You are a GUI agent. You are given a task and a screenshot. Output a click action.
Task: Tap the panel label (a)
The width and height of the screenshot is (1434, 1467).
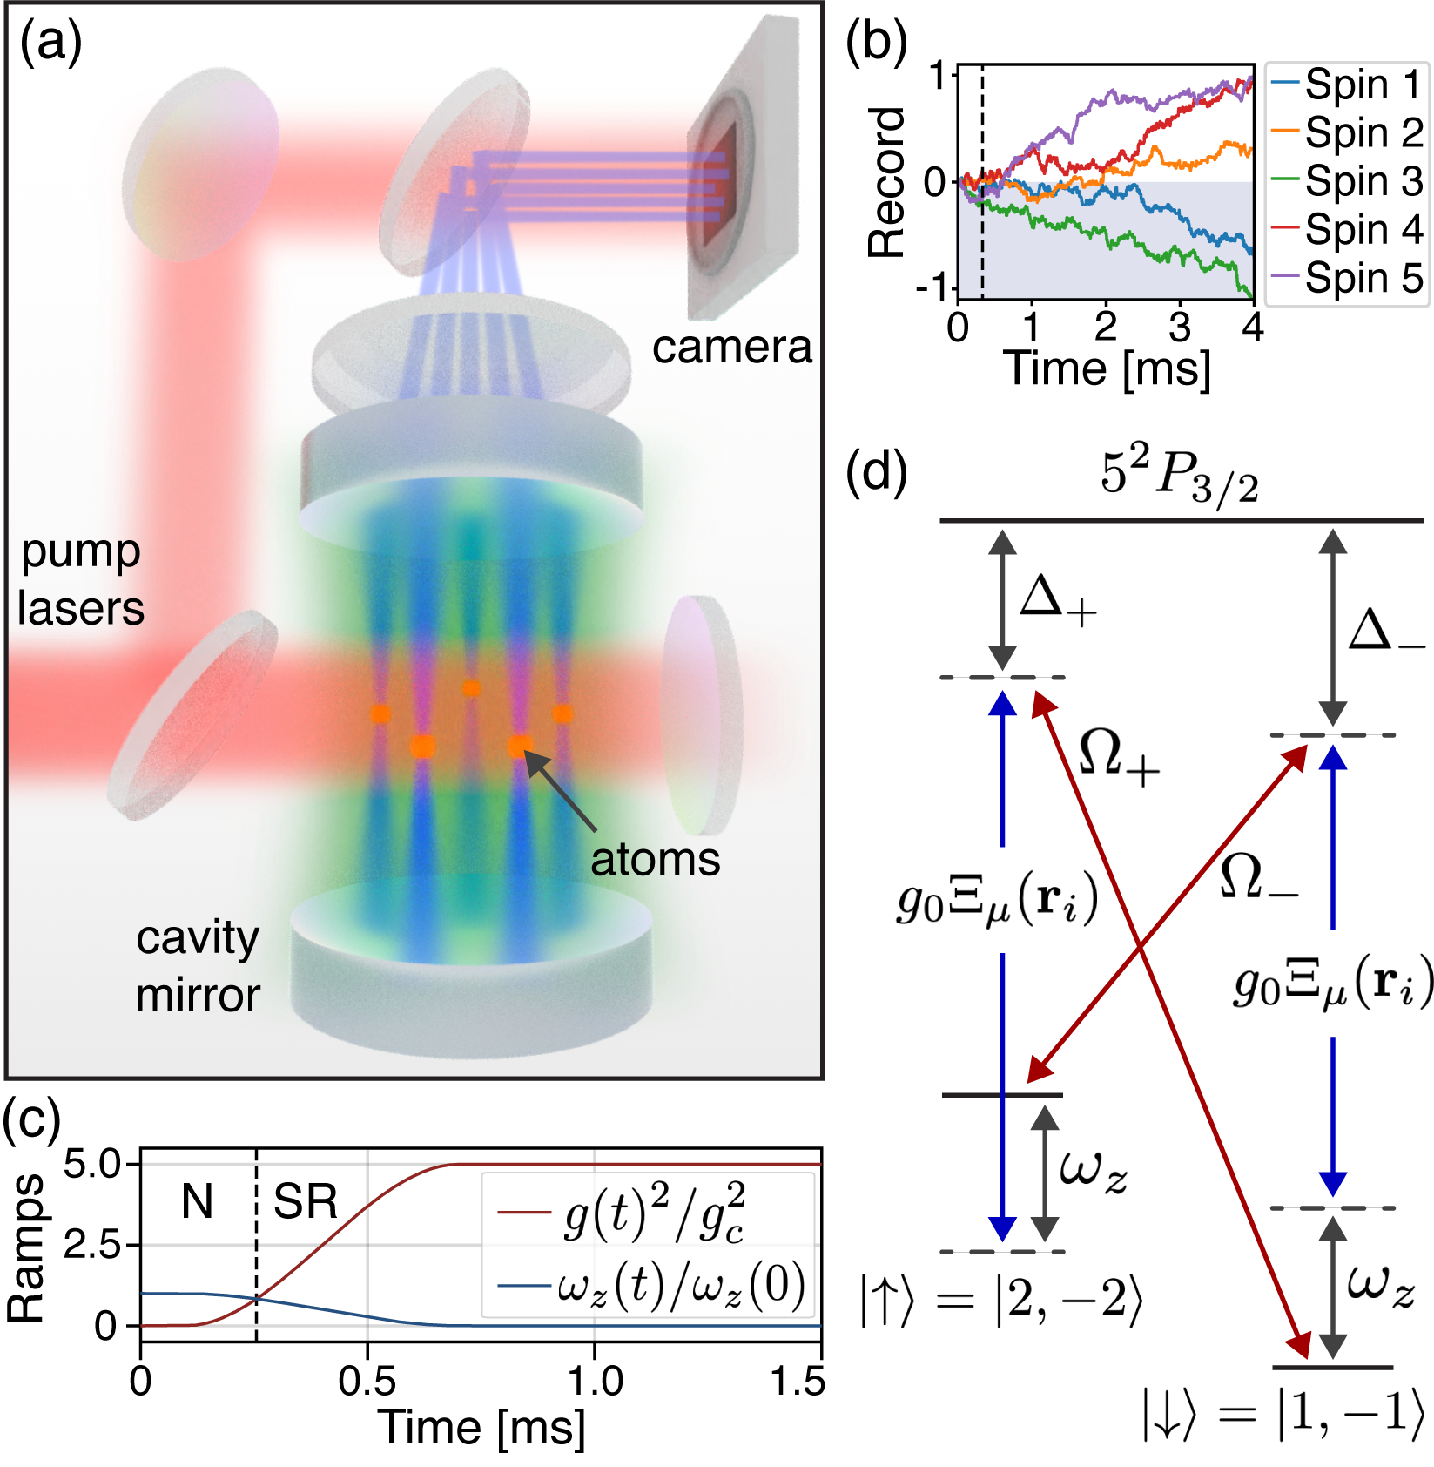coord(50,42)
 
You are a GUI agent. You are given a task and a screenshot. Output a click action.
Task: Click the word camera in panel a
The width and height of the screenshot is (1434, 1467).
coord(731,348)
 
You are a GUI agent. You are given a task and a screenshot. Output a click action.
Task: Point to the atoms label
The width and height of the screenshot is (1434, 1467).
coord(655,860)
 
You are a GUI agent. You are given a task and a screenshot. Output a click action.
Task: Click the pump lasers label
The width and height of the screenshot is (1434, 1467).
coord(80,580)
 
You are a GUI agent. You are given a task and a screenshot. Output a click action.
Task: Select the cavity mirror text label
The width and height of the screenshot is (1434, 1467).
coord(198,966)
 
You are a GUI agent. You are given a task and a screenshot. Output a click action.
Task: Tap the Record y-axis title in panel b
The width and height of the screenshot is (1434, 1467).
coord(887,182)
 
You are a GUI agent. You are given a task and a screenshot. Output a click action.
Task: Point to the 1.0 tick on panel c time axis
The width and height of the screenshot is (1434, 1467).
coord(595,1382)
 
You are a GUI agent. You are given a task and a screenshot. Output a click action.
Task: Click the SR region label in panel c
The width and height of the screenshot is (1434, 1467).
coord(305,1202)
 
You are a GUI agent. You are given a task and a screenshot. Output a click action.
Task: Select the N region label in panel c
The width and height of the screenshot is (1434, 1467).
coord(197,1202)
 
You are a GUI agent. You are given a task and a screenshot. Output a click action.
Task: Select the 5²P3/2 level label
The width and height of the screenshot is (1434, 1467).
coord(1179,476)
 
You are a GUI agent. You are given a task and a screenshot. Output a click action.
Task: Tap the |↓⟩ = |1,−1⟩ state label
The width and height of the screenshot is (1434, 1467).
coord(1283,1412)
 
